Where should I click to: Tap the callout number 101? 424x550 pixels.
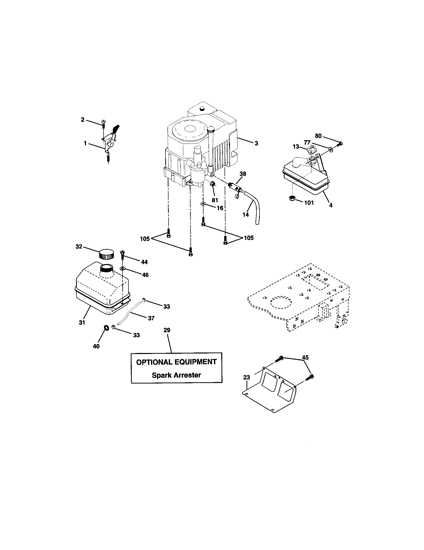(x=309, y=202)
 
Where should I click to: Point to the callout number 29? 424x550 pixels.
(x=167, y=330)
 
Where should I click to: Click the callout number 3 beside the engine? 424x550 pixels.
(x=256, y=143)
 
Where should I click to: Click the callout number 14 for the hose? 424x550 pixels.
(x=245, y=214)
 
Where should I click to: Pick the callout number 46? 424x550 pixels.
(x=145, y=275)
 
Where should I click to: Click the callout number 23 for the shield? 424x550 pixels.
(x=247, y=377)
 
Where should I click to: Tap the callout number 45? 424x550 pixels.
(x=305, y=357)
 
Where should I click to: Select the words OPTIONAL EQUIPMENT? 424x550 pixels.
(x=176, y=362)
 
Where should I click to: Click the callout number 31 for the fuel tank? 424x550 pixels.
(x=82, y=322)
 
